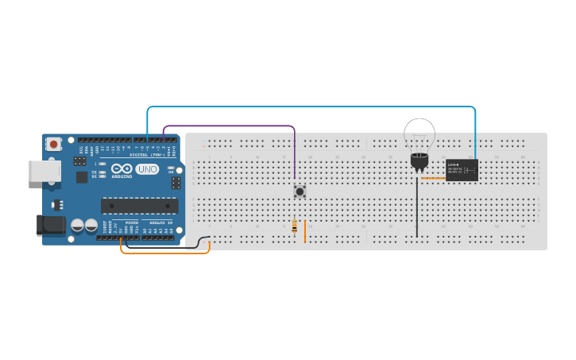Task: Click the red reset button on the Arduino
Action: [53, 144]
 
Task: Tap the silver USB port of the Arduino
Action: [44, 171]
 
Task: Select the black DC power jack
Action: [51, 225]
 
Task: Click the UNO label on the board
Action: [147, 169]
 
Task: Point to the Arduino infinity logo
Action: [122, 169]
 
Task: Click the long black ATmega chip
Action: [139, 206]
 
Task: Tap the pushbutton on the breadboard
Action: [300, 192]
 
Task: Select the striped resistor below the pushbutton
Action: [295, 227]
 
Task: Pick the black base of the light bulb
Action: [419, 161]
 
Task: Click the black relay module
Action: [462, 170]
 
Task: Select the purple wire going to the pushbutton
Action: [230, 126]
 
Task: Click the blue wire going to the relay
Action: [318, 106]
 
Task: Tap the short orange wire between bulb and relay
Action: [434, 178]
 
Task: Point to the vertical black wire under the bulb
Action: [416, 207]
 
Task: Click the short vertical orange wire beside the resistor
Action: [305, 231]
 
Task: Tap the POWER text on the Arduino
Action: [131, 223]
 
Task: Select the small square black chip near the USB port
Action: [82, 177]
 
